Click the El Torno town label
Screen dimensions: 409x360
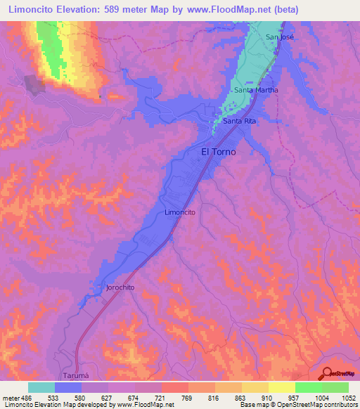point(219,151)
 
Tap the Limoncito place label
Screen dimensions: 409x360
point(179,212)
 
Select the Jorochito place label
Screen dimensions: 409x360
point(120,287)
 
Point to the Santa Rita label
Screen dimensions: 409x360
point(240,122)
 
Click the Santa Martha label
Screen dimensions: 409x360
point(256,90)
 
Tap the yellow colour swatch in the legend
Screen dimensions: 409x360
point(282,387)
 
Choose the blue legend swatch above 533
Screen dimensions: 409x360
point(68,387)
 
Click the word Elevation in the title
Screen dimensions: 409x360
point(78,10)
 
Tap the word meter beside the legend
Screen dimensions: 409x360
point(10,398)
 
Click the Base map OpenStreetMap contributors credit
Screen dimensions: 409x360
point(297,405)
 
